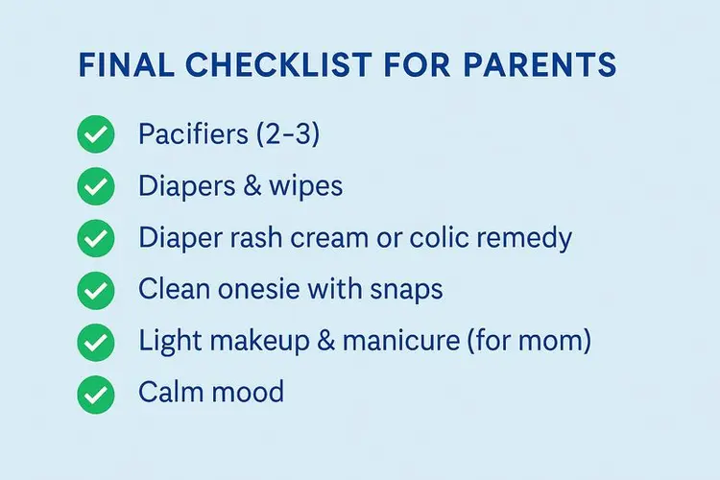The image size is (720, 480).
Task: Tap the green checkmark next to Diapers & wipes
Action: (95, 186)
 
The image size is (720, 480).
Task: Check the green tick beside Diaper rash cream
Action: (95, 237)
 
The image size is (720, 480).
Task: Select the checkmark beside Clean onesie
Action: (95, 289)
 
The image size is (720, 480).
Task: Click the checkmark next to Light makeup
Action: (95, 340)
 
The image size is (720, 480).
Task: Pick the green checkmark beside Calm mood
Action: (95, 392)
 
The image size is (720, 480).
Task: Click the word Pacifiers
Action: (191, 134)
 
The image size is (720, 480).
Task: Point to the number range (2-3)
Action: (285, 134)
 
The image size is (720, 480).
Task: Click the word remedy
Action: (530, 238)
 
